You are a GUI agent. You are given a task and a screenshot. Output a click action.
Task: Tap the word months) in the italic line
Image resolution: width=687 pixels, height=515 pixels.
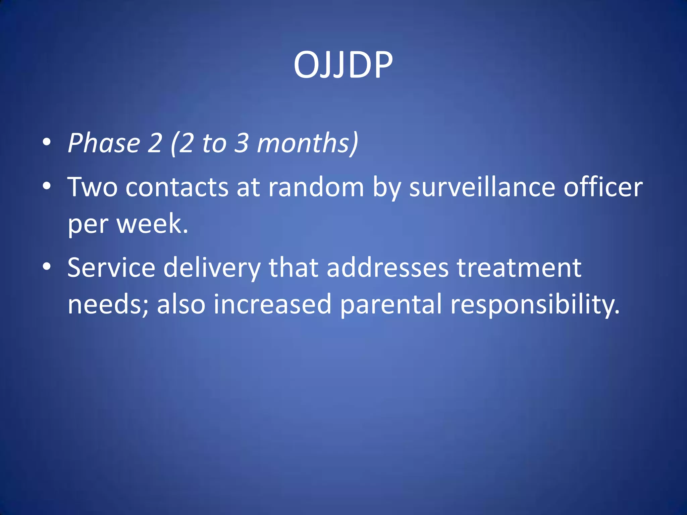pyautogui.click(x=307, y=143)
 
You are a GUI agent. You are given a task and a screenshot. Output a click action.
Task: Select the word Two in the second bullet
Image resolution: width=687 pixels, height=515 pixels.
pyautogui.click(x=92, y=187)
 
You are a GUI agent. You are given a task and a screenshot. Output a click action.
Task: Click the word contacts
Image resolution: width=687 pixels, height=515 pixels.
pyautogui.click(x=177, y=187)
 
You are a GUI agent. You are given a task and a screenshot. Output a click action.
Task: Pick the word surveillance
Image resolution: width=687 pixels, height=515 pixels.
pyautogui.click(x=482, y=187)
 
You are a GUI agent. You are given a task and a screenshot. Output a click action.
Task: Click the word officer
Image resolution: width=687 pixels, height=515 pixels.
pyautogui.click(x=603, y=187)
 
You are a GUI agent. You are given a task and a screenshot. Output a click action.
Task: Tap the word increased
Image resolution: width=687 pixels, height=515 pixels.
pyautogui.click(x=272, y=304)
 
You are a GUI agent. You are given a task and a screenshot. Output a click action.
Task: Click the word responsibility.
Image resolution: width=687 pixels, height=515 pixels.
pyautogui.click(x=534, y=304)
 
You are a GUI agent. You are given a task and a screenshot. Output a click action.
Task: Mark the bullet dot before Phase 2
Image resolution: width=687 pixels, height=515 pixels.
pyautogui.click(x=47, y=142)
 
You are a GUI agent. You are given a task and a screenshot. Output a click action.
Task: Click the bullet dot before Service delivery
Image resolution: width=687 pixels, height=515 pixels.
pyautogui.click(x=47, y=267)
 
